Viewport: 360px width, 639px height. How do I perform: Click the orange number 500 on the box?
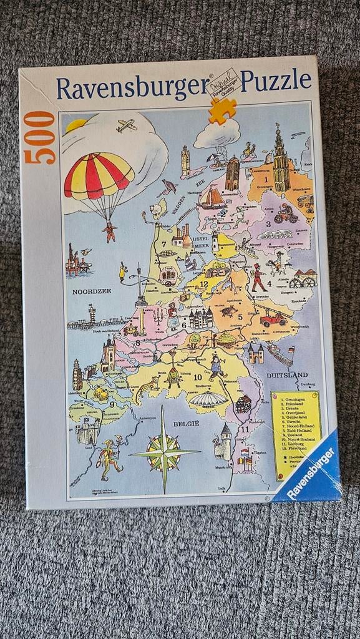pos(41,138)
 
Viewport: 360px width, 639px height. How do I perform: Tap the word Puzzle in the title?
pos(276,81)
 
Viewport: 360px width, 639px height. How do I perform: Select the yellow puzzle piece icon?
pos(222,110)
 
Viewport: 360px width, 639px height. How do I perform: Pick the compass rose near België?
pos(164,451)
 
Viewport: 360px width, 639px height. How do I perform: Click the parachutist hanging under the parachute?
pos(110,231)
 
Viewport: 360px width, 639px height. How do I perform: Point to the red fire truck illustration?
pos(273,319)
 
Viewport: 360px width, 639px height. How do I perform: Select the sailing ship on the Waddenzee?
pos(212,198)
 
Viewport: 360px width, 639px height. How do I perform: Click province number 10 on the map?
pos(197,377)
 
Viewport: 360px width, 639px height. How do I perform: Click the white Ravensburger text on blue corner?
pos(313,471)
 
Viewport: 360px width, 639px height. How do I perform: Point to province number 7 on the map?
pos(163,244)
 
